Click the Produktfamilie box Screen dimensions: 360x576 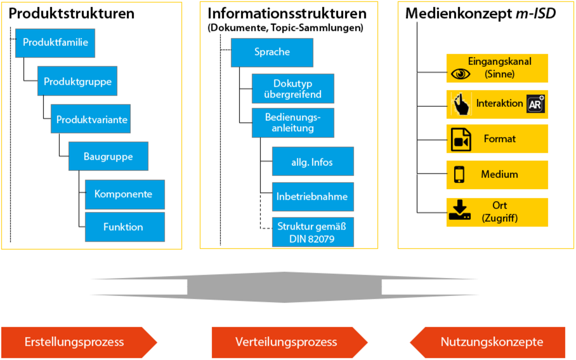click(x=55, y=42)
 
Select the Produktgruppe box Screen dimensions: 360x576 click(x=77, y=81)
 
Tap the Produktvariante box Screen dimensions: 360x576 click(x=91, y=119)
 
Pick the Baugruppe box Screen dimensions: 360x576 click(x=108, y=156)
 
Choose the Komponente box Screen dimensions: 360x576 click(x=124, y=194)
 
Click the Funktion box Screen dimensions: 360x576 click(x=124, y=227)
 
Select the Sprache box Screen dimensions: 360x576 click(x=272, y=52)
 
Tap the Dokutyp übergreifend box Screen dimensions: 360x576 click(x=293, y=88)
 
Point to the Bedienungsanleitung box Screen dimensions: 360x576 click(x=293, y=122)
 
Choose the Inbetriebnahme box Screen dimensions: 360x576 click(x=312, y=197)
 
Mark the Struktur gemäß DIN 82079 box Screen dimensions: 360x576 click(x=312, y=232)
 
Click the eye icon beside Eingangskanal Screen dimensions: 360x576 click(x=460, y=74)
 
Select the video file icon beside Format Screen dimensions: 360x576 click(x=460, y=140)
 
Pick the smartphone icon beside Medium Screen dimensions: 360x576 click(x=459, y=174)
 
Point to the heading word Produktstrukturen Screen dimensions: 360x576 click(x=72, y=14)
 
